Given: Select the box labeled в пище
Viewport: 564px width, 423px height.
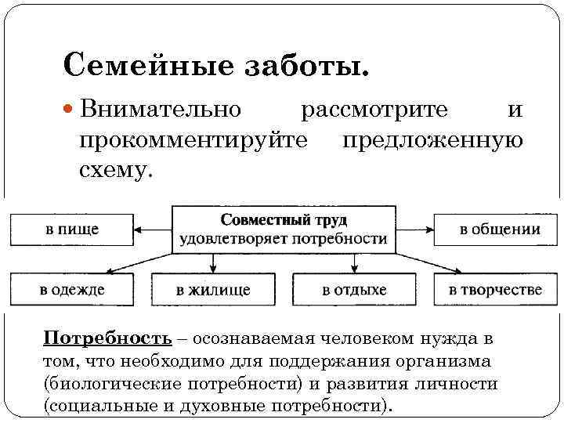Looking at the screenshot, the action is (71, 229).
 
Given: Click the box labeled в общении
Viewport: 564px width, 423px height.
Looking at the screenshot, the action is (499, 229).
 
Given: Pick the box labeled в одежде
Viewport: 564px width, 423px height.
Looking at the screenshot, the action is (71, 289).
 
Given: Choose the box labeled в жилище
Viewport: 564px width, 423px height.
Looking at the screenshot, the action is (214, 289).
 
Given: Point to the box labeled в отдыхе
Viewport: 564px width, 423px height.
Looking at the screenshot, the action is (354, 289).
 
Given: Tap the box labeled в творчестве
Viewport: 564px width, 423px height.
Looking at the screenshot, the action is (494, 289).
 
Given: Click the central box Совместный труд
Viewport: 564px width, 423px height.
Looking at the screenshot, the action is (284, 229).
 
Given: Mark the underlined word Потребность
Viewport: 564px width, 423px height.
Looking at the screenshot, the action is (107, 338).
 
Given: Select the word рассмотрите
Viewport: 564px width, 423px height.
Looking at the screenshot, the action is (375, 110).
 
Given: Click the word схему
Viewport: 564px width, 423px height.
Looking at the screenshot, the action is (114, 169).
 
